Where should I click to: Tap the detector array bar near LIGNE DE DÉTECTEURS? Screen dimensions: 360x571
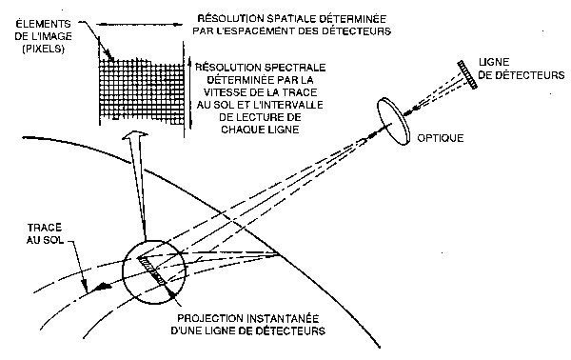464,75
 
